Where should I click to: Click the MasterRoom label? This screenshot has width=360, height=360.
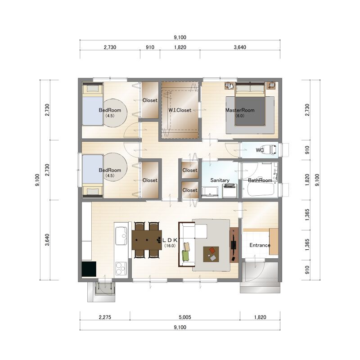(x=240, y=110)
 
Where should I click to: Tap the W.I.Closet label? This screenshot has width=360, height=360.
(x=180, y=110)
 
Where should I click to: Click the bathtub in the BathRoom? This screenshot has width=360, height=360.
(x=260, y=189)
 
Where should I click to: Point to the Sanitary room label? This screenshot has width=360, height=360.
(x=220, y=180)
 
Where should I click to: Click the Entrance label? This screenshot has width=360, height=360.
(x=260, y=245)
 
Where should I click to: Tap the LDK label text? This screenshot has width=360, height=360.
(x=170, y=240)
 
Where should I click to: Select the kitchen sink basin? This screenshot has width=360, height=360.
(x=121, y=236)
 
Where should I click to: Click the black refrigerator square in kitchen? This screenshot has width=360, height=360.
(x=89, y=269)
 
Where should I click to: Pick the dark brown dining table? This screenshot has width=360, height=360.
(x=147, y=240)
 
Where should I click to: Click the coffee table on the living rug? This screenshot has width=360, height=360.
(x=211, y=254)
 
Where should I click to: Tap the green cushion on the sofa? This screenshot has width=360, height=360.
(x=185, y=256)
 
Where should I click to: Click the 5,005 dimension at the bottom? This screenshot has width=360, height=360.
(x=185, y=317)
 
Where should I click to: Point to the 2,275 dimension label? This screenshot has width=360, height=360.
(x=105, y=317)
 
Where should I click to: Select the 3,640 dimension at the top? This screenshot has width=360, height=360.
(x=240, y=47)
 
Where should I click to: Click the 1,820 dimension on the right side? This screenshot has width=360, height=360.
(x=307, y=180)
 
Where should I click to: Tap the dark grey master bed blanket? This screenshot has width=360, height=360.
(x=250, y=111)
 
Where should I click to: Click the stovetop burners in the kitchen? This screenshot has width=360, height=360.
(x=121, y=268)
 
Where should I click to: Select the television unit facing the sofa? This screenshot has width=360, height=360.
(x=234, y=245)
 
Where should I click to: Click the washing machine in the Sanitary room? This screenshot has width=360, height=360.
(x=230, y=190)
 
